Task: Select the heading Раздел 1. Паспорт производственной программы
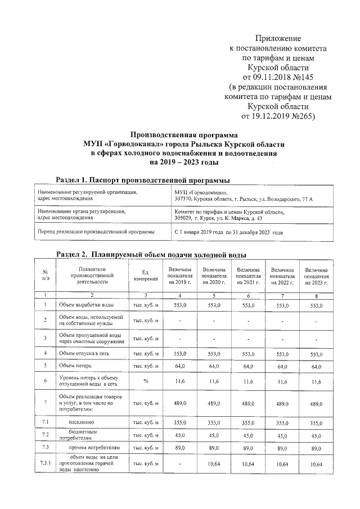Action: (143, 180)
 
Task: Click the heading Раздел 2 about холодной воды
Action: (151, 254)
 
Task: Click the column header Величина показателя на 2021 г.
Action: (248, 274)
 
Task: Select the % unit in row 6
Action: (145, 381)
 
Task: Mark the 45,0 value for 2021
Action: (248, 435)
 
